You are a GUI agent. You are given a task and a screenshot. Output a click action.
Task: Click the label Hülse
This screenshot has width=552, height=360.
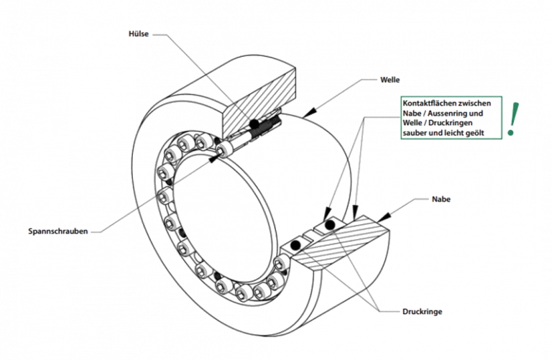(139, 34)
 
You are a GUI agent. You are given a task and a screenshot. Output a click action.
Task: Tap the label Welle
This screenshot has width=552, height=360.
(390, 80)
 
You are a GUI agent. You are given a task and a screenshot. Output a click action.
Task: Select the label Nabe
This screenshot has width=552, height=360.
(441, 199)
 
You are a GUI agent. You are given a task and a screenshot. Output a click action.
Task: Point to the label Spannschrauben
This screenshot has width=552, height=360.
(58, 231)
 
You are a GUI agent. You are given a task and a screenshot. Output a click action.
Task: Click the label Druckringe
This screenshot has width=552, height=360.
(422, 311)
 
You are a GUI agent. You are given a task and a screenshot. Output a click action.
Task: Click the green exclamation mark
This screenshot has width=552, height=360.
(512, 119)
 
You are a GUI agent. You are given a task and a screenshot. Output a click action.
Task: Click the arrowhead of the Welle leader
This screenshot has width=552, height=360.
(308, 113)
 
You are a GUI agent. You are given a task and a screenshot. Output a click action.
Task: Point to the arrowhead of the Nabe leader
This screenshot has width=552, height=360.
(383, 217)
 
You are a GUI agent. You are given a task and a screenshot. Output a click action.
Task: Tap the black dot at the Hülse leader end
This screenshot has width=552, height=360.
(254, 124)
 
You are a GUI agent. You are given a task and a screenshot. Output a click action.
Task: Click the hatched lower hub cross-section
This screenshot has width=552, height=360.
(341, 244)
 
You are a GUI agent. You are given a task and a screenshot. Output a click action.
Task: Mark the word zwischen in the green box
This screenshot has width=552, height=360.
(474, 103)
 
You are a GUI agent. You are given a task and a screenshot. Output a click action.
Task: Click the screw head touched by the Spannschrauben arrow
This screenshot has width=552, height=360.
(224, 150)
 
